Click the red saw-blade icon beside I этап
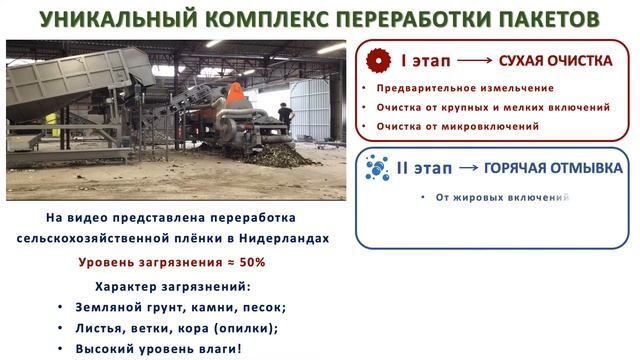pos(377,61)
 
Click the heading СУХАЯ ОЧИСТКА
pos(555,61)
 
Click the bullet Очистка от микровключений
pos(458,126)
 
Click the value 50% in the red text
pos(253,263)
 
